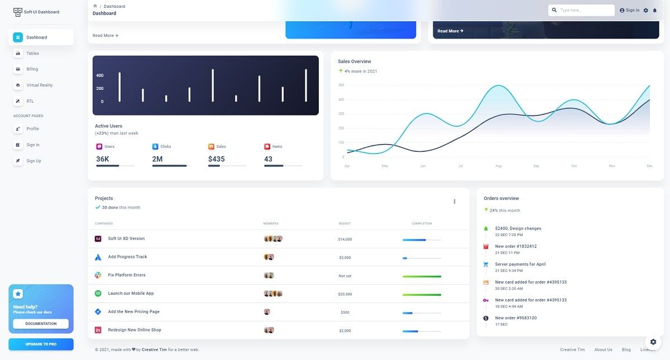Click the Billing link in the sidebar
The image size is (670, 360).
point(32,69)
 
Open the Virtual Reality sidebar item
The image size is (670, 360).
point(39,85)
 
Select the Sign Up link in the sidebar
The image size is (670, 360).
point(33,161)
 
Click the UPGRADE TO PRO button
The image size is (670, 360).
point(41,344)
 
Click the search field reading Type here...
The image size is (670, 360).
point(585,10)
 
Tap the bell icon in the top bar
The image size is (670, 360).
point(655,10)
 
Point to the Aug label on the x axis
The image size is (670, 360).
point(498,166)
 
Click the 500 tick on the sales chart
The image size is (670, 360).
point(341,85)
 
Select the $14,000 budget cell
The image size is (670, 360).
point(345,239)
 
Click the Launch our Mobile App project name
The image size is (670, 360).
point(131,294)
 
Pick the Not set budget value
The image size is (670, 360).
point(345,276)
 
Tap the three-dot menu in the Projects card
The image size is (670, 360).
point(454,201)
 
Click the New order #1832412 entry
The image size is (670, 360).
point(516,246)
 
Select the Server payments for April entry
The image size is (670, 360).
point(520,264)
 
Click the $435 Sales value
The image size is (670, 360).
point(216,159)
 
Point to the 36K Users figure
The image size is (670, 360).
point(103,159)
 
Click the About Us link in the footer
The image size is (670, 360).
point(603,350)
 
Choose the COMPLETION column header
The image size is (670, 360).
point(422,223)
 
